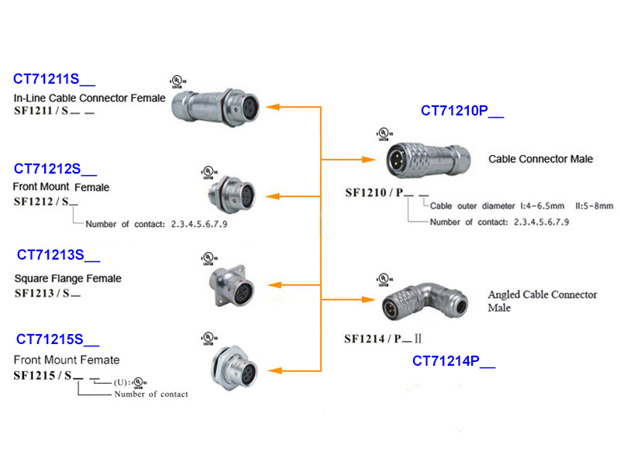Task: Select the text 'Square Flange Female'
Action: [x=67, y=278]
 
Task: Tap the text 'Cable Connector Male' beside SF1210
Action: [x=540, y=159]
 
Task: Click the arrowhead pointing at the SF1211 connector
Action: [x=272, y=106]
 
